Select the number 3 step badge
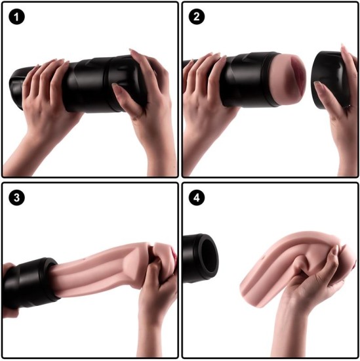16,196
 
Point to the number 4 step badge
195,196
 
